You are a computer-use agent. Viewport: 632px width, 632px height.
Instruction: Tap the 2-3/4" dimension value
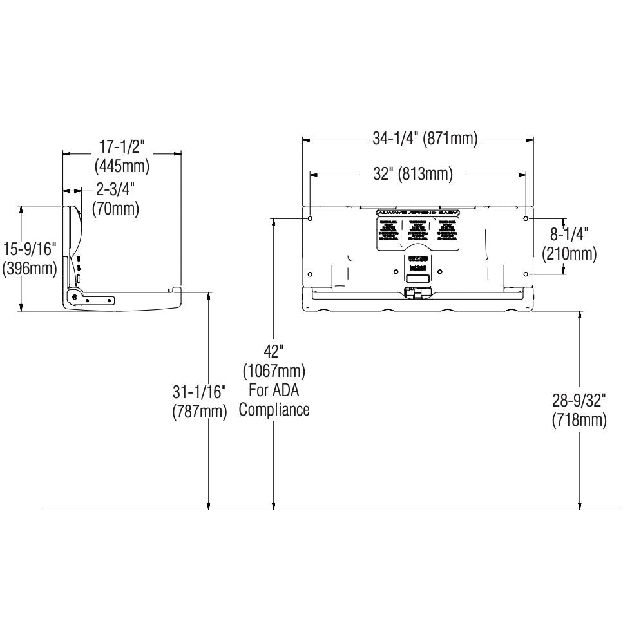(x=115, y=190)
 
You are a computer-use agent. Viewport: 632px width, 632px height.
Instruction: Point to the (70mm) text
(x=115, y=208)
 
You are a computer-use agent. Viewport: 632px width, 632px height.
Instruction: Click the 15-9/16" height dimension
(x=29, y=249)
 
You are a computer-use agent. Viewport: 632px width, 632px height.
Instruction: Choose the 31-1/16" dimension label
(x=200, y=392)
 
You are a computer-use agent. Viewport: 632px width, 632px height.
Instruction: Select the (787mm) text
(x=200, y=411)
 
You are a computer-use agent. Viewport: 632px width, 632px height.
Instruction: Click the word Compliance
(x=274, y=410)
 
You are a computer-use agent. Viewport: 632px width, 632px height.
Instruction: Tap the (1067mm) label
(x=274, y=371)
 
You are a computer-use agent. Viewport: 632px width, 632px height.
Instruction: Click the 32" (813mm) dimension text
(x=413, y=174)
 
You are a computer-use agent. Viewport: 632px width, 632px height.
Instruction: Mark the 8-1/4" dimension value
(x=569, y=234)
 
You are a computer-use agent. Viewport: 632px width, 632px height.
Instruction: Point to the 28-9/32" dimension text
(x=579, y=401)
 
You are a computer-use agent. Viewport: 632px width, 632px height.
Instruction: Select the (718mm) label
(x=579, y=420)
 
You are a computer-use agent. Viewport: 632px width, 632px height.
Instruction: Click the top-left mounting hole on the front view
(x=311, y=219)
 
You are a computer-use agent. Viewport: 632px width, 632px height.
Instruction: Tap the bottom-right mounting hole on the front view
(x=526, y=274)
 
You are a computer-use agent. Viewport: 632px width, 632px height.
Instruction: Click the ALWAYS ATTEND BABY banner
(x=417, y=212)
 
